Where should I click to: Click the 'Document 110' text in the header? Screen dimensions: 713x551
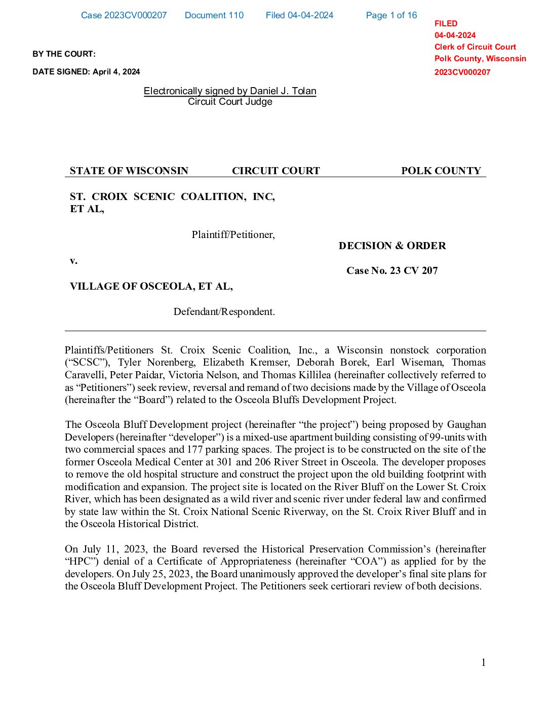214,15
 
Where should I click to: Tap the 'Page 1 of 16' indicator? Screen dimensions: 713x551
391,15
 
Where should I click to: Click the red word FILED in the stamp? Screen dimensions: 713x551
446,23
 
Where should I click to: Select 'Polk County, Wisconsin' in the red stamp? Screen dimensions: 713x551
480,58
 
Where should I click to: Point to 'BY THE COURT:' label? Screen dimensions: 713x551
64,54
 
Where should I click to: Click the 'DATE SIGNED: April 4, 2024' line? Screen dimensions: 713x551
86,71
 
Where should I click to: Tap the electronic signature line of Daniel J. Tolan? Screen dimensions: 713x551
230,91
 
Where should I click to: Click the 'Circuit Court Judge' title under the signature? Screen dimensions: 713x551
230,101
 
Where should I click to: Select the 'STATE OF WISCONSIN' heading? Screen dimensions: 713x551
129,171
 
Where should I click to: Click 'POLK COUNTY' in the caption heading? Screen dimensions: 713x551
441,171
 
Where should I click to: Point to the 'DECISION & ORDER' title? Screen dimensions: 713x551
392,246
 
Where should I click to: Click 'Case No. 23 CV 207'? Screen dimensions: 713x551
392,270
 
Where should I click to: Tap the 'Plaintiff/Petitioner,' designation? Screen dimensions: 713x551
233,234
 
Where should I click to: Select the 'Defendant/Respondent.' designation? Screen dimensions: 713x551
224,311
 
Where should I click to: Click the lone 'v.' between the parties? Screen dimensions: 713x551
73,260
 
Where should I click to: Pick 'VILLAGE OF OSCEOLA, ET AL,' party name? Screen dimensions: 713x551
151,286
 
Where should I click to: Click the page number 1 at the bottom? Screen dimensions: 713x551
483,662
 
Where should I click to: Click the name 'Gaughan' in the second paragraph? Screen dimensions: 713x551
466,424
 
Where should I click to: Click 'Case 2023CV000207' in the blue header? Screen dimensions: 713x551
124,15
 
